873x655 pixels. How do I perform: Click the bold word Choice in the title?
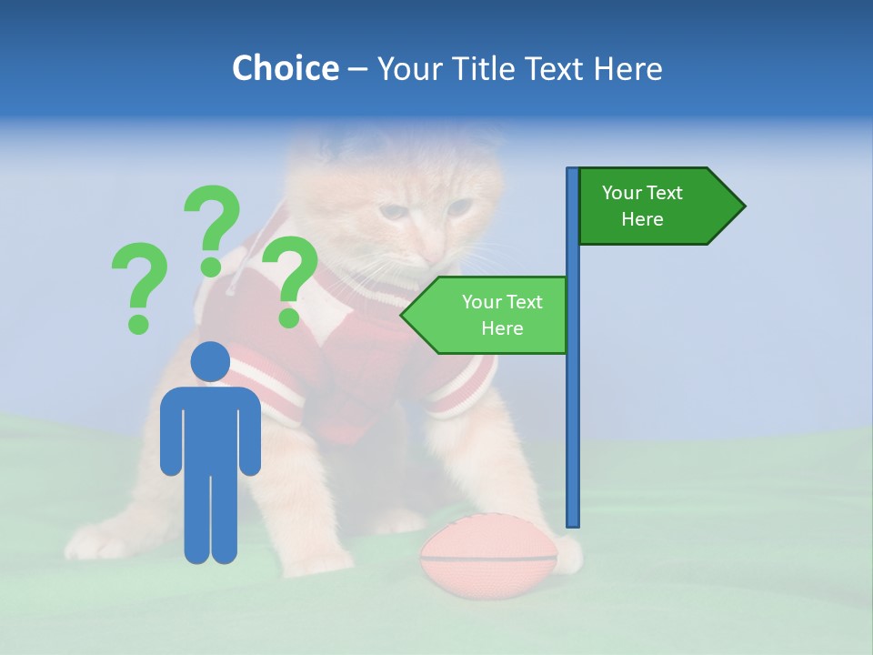[285, 68]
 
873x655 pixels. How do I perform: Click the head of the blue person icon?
[211, 361]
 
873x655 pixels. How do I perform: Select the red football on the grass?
[487, 555]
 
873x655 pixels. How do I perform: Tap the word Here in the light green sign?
[502, 328]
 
